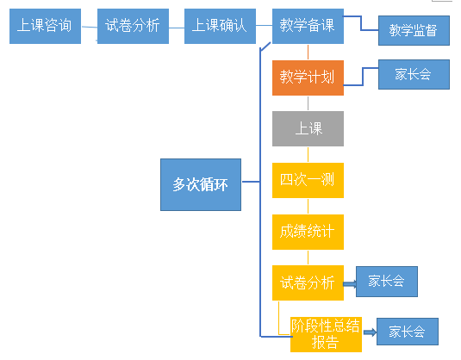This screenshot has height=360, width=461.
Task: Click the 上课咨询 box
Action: tap(46, 26)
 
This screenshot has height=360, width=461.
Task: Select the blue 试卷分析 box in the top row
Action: tap(133, 26)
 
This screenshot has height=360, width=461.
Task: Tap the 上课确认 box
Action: tap(220, 26)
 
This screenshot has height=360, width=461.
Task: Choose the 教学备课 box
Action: tap(308, 26)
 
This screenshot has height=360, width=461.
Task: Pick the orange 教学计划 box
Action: tap(308, 78)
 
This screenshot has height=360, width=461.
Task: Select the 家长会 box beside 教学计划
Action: tap(414, 74)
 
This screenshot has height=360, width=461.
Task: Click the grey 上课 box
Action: tap(308, 129)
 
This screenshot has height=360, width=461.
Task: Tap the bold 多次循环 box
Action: tap(201, 183)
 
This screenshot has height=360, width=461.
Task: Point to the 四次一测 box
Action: tap(308, 180)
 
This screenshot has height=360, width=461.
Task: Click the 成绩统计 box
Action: tap(308, 232)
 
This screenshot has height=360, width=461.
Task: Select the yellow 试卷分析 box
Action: tap(308, 282)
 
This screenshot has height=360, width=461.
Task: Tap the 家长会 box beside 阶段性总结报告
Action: tap(407, 332)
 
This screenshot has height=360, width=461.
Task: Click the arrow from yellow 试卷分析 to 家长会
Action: tap(350, 282)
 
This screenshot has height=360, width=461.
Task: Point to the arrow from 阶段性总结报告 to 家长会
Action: tap(369, 332)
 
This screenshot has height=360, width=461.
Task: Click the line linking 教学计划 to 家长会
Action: tap(361, 76)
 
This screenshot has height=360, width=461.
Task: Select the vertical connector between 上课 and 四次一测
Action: tap(308, 154)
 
